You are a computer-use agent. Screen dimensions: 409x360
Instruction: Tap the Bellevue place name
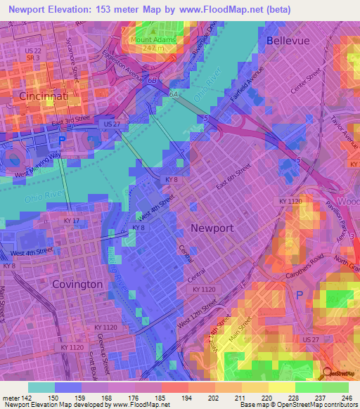(288, 41)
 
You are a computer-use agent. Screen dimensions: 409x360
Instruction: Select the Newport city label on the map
(212, 228)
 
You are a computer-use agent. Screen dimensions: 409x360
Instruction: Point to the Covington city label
(77, 285)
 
